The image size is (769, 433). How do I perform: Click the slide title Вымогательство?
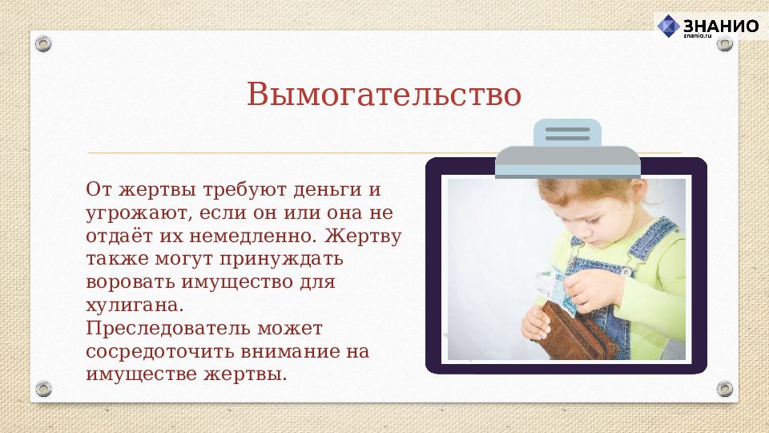(384, 95)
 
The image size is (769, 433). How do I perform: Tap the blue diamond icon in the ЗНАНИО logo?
(668, 26)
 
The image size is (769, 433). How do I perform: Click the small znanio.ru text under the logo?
(697, 36)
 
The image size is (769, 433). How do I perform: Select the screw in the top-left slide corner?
(43, 43)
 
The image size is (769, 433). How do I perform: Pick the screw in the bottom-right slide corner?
(724, 389)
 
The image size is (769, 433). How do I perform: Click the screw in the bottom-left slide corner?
(43, 389)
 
